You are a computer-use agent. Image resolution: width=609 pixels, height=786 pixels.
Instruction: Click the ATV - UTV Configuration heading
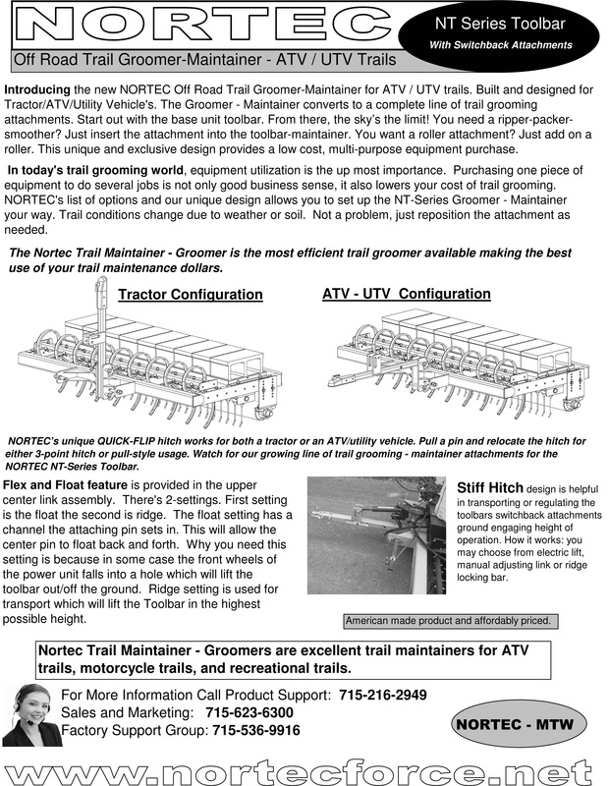[407, 294]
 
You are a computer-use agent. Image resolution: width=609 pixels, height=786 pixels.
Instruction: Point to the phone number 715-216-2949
[383, 695]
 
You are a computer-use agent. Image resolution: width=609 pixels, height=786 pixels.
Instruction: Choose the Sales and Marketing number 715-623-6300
[249, 712]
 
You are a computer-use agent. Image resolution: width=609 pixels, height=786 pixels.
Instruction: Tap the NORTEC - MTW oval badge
[518, 725]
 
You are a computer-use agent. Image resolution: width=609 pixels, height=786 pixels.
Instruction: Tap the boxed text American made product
[449, 621]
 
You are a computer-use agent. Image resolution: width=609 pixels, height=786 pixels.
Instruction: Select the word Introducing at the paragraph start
[37, 89]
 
